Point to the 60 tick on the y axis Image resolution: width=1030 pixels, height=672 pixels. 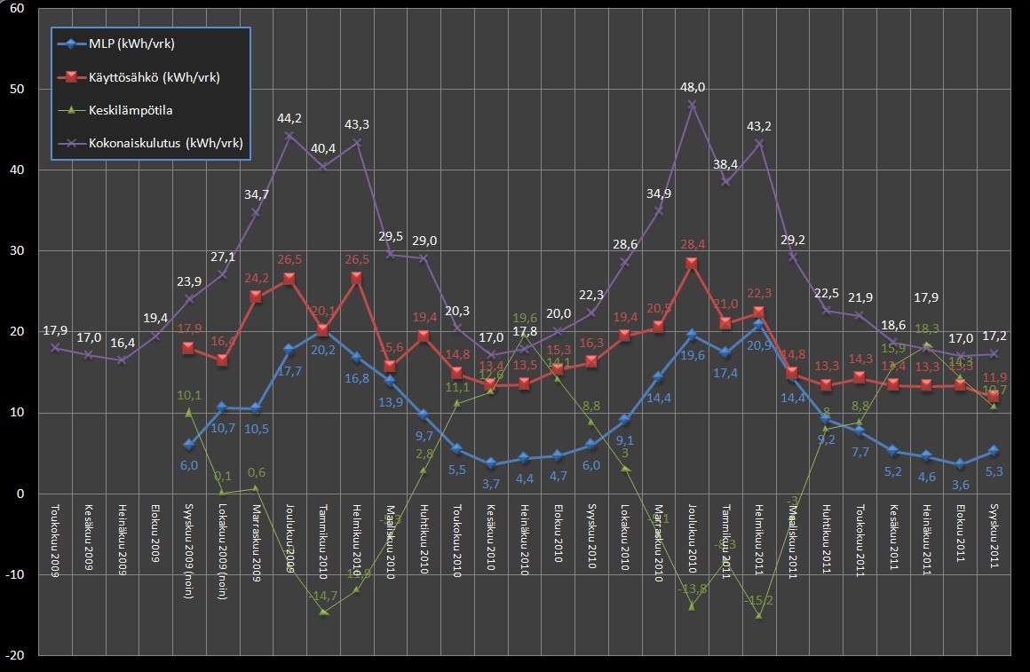(x=17, y=9)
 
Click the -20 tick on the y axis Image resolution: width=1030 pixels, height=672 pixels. (x=14, y=654)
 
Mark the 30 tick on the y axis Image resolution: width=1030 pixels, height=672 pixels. (x=17, y=251)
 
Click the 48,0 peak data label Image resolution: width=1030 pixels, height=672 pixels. (x=692, y=88)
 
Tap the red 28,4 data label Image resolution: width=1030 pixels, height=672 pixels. (x=692, y=244)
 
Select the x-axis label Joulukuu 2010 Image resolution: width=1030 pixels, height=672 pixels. (x=692, y=542)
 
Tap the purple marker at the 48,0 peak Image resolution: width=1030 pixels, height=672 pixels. (x=692, y=105)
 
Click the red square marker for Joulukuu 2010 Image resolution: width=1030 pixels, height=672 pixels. (x=692, y=263)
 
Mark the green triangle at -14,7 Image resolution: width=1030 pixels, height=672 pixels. (x=323, y=612)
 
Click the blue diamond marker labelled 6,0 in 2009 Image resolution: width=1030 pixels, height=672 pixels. (x=188, y=444)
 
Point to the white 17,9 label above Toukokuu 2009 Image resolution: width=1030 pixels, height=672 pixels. (x=55, y=332)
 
